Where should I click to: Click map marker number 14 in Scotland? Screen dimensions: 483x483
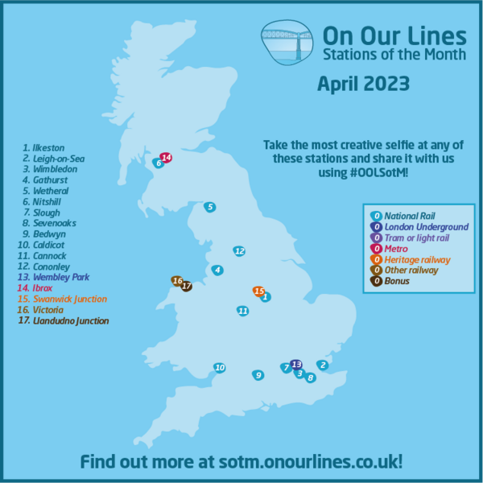[x=167, y=157]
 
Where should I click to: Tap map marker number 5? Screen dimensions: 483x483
[x=209, y=207]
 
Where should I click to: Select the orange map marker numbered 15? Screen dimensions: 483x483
[x=258, y=291]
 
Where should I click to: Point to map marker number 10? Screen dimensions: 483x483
[x=219, y=368]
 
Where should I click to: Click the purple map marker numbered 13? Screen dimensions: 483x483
[x=295, y=364]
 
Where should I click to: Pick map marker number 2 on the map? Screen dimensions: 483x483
[x=323, y=365]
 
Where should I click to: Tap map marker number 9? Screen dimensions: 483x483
[x=258, y=374]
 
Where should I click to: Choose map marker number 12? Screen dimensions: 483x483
[x=238, y=251]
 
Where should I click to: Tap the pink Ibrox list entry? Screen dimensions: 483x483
[x=43, y=287]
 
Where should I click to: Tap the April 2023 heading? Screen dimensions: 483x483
[x=363, y=84]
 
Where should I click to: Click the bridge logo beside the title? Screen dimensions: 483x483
[x=287, y=43]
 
